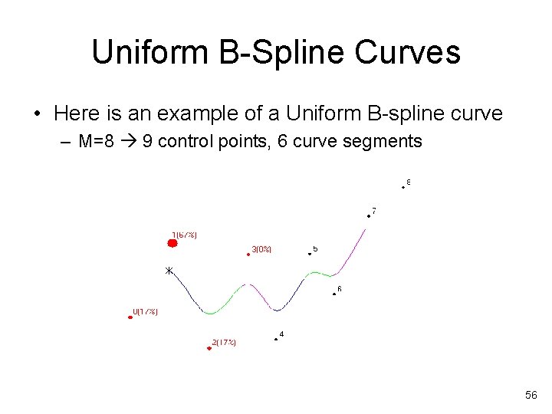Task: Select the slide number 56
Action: pyautogui.click(x=531, y=395)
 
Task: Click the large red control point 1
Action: pyautogui.click(x=172, y=243)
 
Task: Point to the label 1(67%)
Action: pyautogui.click(x=184, y=235)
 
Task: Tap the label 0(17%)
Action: pyautogui.click(x=146, y=311)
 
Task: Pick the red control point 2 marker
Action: pyautogui.click(x=209, y=348)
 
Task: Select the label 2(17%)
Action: pyautogui.click(x=224, y=342)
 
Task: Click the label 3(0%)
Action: pyautogui.click(x=261, y=249)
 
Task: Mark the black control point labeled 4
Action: pyautogui.click(x=275, y=338)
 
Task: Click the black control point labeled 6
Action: pyautogui.click(x=333, y=293)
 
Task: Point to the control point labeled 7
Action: pyautogui.click(x=368, y=215)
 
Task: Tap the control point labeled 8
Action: pyautogui.click(x=403, y=186)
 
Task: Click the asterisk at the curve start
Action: pyautogui.click(x=169, y=271)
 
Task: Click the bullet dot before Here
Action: pyautogui.click(x=37, y=114)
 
